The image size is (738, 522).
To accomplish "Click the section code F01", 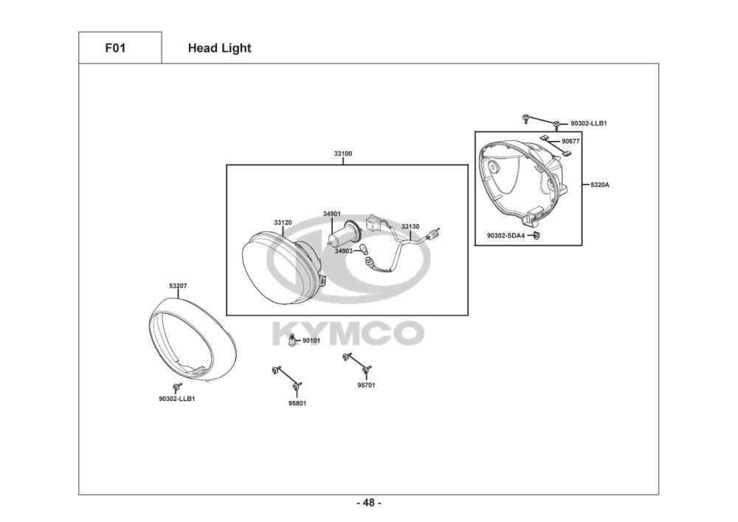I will (116, 49).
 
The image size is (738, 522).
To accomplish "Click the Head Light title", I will (219, 49).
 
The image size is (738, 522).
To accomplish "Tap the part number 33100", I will (343, 154).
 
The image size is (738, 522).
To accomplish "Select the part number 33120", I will (283, 222).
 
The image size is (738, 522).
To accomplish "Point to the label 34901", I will (331, 214).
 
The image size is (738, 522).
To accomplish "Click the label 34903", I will (344, 251).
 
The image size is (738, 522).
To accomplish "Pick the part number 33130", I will (410, 227).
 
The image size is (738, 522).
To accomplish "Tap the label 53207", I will (178, 285).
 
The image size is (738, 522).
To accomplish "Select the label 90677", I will (570, 140).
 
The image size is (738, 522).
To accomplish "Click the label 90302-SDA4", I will (506, 236).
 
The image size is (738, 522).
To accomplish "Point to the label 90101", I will (311, 340).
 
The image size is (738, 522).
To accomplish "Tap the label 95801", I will (297, 403).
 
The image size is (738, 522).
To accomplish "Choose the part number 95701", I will (367, 385).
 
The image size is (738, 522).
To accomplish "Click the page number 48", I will (369, 504).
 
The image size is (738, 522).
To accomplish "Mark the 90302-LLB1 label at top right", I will (588, 123).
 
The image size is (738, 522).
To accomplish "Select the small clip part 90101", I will (294, 341).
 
